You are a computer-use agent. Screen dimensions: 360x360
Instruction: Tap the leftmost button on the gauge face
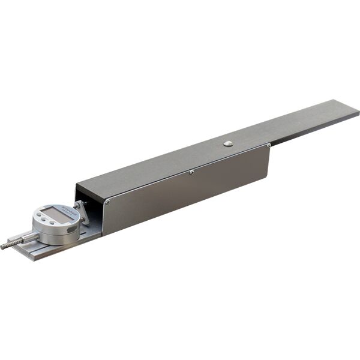(40, 217)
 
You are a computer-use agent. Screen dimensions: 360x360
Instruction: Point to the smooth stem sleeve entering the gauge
(27, 238)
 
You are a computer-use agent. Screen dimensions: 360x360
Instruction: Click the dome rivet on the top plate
(228, 143)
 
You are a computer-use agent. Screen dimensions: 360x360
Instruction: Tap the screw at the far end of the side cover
(268, 145)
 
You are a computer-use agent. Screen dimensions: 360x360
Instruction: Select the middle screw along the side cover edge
(191, 172)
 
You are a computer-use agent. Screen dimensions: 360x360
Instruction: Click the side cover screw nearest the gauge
(107, 202)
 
